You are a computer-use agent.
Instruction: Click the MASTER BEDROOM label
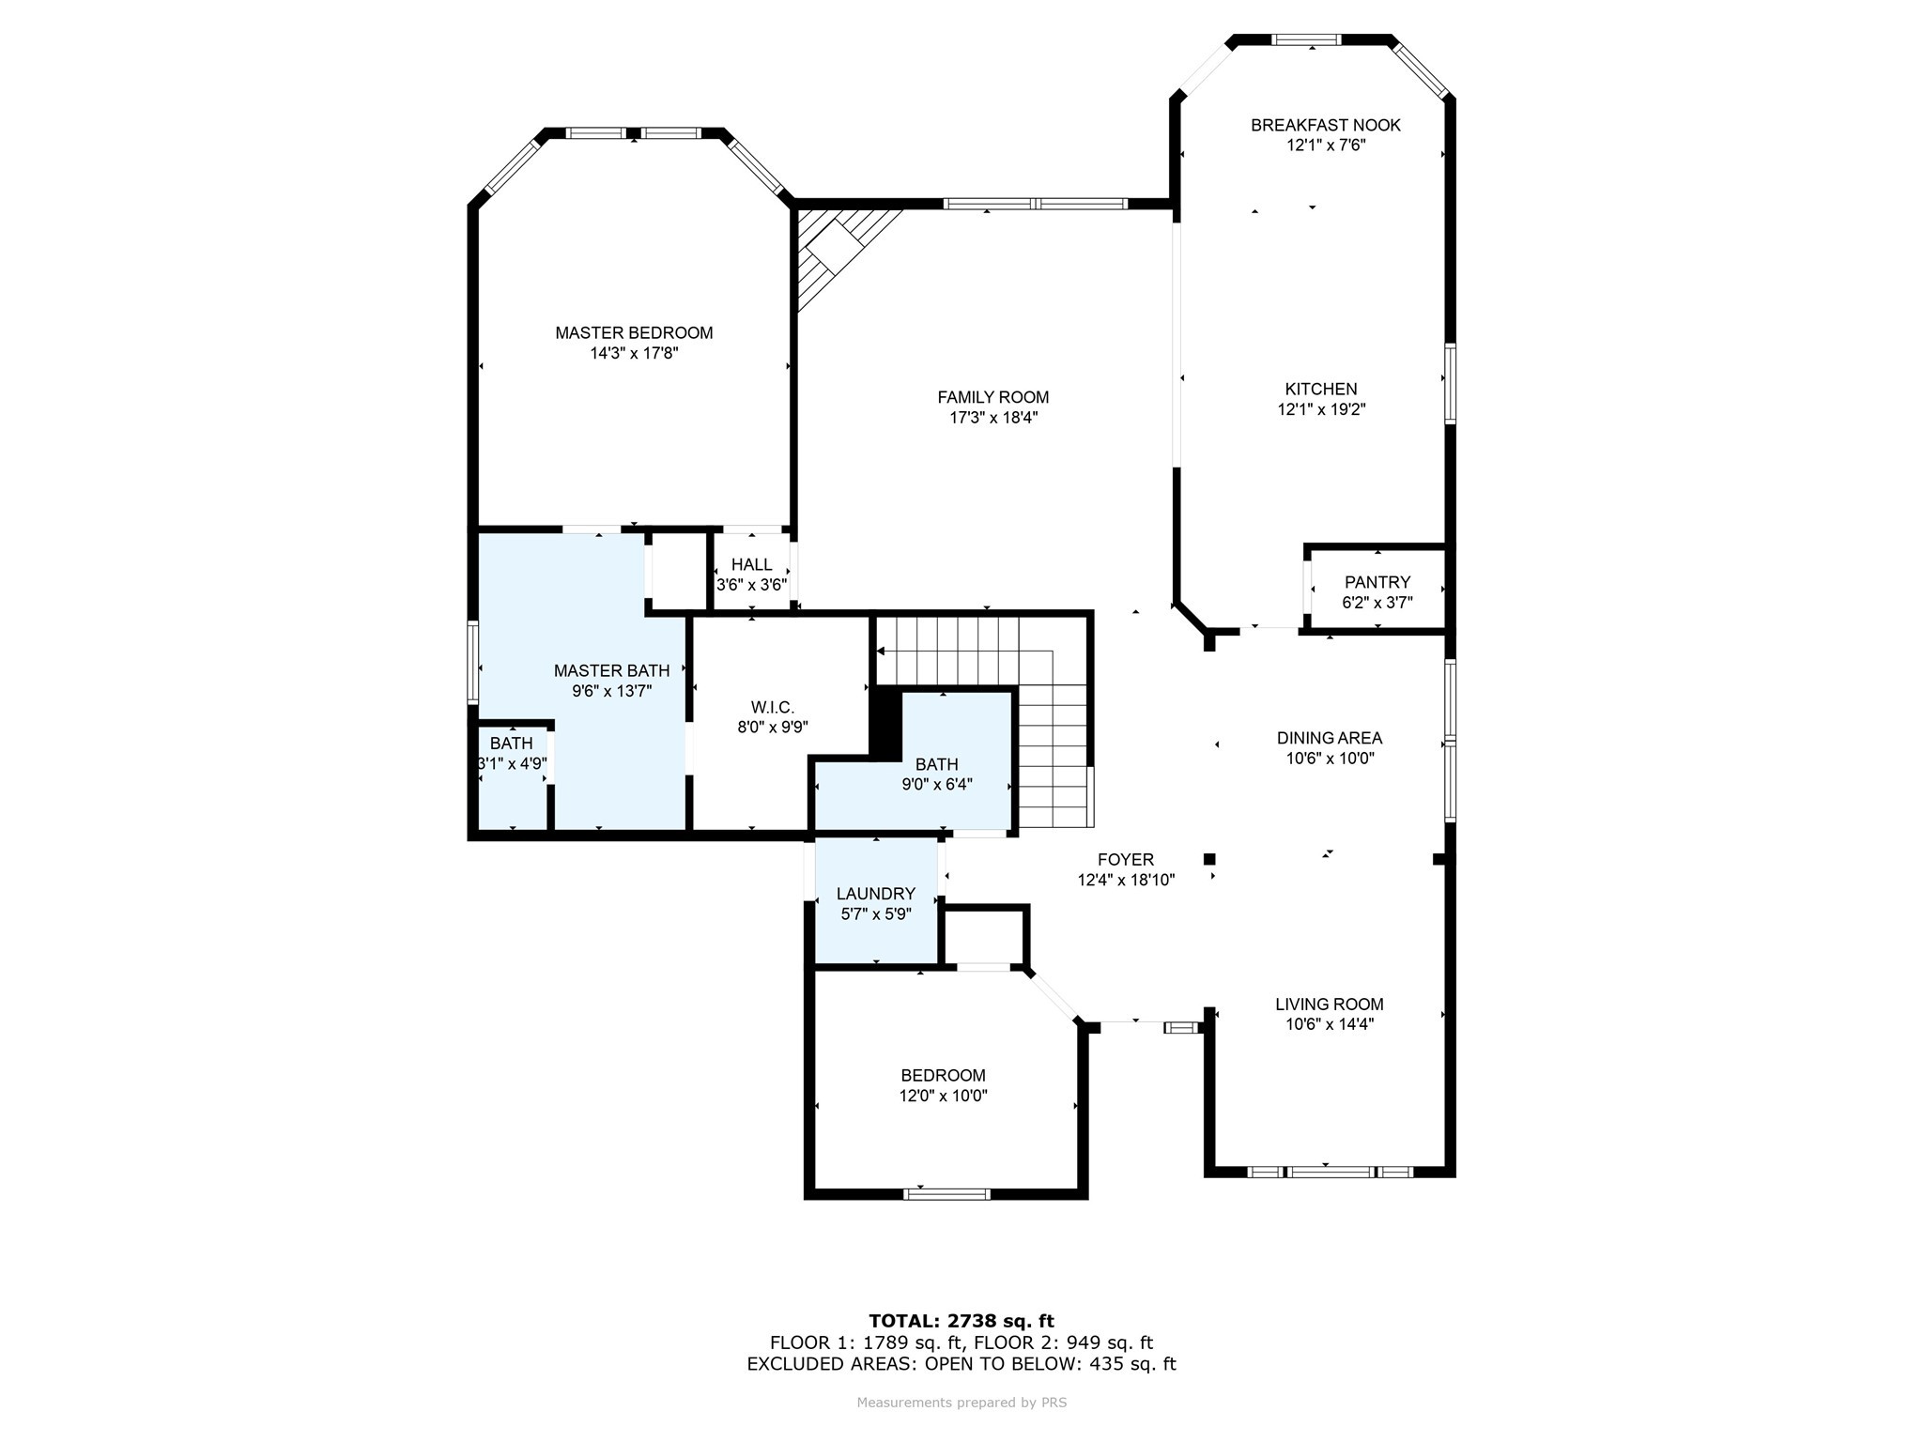point(634,332)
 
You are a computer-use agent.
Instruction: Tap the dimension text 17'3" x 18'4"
point(993,418)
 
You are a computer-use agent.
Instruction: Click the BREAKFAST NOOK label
point(1325,125)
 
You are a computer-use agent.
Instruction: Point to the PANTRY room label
point(1377,582)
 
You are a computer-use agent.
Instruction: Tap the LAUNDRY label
point(875,894)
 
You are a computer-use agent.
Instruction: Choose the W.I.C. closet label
point(772,707)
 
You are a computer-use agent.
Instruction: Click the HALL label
point(751,564)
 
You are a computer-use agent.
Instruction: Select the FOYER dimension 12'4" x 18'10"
point(1126,880)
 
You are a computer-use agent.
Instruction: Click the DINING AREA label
point(1329,738)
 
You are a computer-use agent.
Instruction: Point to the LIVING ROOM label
point(1329,1004)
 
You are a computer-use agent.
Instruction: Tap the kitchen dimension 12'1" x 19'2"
point(1321,409)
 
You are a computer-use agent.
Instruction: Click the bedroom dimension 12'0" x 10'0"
point(943,1096)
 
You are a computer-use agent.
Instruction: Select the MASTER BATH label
point(611,670)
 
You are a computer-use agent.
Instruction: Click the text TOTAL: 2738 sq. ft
point(961,1321)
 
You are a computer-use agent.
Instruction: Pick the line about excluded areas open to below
point(961,1364)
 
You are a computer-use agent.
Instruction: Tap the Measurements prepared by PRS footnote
point(961,1403)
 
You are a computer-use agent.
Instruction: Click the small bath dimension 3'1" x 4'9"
point(513,763)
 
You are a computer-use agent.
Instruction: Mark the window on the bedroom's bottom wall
point(946,1194)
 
